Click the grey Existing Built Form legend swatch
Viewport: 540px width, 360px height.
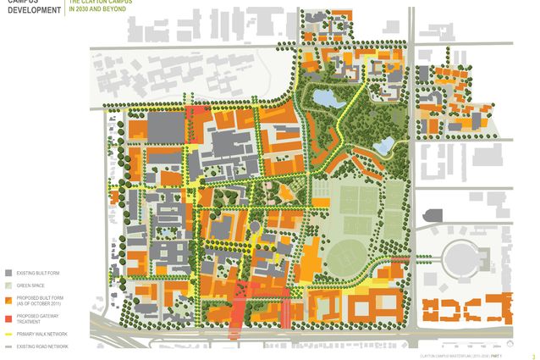[x=8, y=274]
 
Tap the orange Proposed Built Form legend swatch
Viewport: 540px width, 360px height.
[x=8, y=301]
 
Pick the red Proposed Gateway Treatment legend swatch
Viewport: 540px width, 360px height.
[x=8, y=318]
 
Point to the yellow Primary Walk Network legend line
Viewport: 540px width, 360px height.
[x=8, y=334]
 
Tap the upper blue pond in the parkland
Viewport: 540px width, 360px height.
[x=326, y=98]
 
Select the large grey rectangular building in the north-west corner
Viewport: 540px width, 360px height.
[x=167, y=129]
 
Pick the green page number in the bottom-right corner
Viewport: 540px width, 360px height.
[x=532, y=357]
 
